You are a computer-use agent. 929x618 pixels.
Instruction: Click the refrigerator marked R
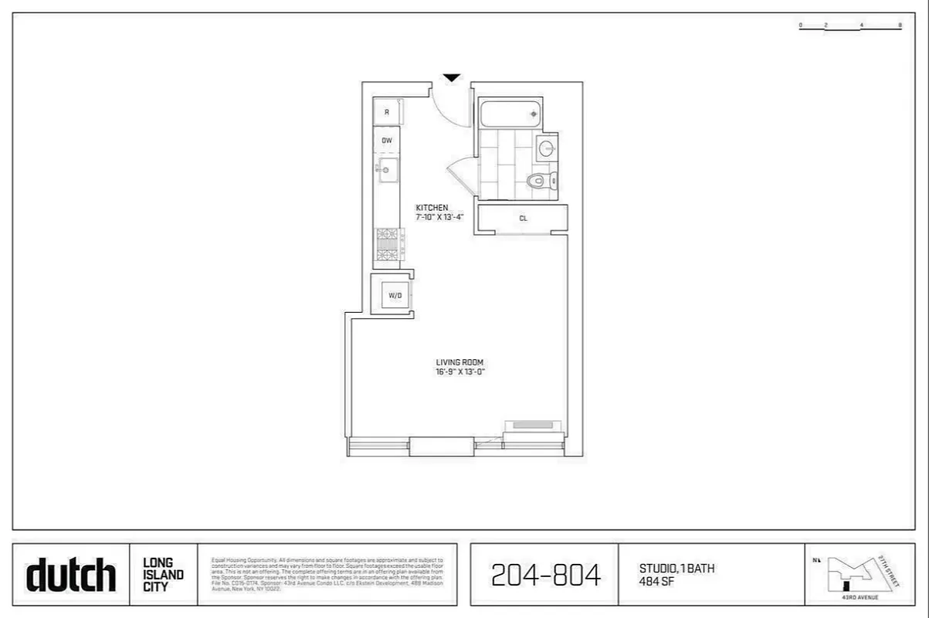[x=387, y=111]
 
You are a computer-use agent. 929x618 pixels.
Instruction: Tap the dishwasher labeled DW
[x=387, y=141]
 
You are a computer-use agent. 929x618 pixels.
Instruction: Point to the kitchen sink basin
[x=388, y=170]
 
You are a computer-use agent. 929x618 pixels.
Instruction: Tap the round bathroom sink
[x=547, y=148]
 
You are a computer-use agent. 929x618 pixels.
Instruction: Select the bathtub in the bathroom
[x=510, y=114]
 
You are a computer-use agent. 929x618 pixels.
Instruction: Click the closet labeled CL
[x=523, y=219]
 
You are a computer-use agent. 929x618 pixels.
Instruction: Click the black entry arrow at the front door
[x=452, y=77]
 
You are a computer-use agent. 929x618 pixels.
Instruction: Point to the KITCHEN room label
[x=431, y=208]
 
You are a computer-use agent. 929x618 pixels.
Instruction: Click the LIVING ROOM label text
[x=459, y=362]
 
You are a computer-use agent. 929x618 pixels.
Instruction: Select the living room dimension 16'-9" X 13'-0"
[x=459, y=372]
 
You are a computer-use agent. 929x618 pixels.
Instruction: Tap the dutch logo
[x=71, y=575]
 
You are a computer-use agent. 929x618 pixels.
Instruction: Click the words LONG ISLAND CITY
[x=163, y=574]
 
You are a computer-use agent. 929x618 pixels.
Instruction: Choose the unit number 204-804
[x=545, y=575]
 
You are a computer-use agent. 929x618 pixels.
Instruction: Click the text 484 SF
[x=653, y=580]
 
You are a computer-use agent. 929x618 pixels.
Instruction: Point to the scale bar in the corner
[x=849, y=27]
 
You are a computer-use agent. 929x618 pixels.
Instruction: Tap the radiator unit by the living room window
[x=533, y=425]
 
